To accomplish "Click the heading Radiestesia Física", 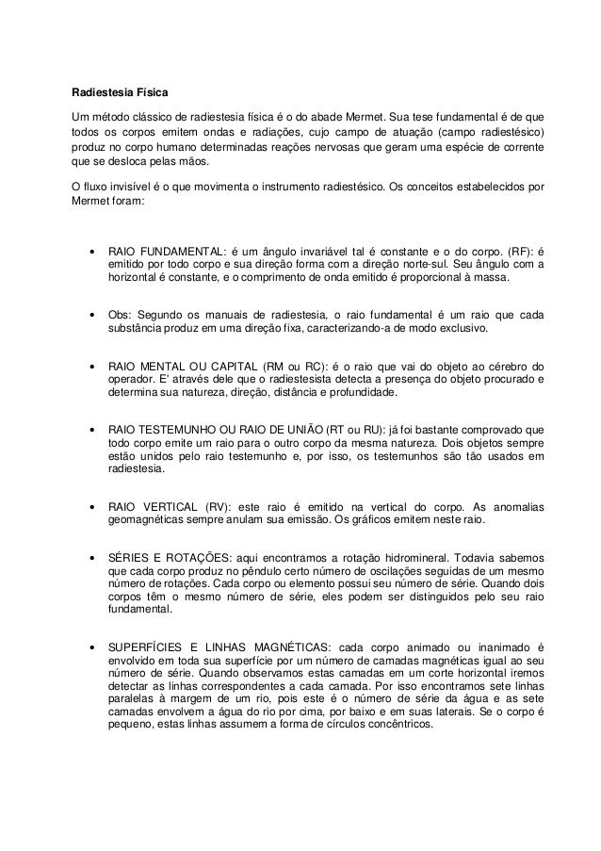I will [121, 93].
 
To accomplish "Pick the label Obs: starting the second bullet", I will [122, 314].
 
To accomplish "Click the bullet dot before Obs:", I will [91, 314].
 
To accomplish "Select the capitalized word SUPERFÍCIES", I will [153, 647].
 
